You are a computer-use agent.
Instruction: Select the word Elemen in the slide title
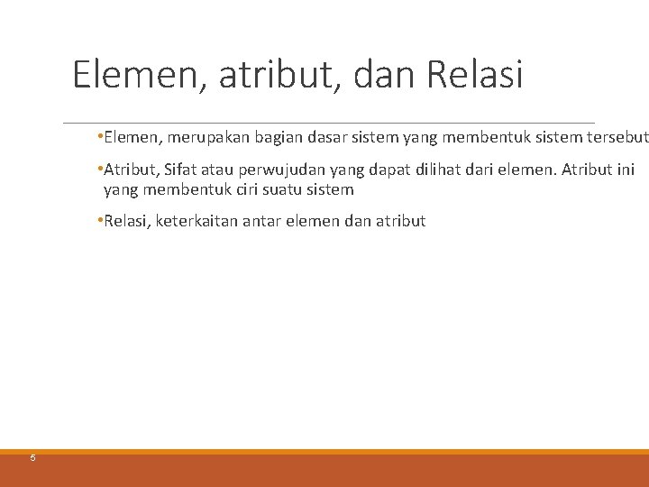click(140, 76)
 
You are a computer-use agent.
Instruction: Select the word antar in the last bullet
click(262, 221)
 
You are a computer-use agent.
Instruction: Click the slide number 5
click(33, 458)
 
